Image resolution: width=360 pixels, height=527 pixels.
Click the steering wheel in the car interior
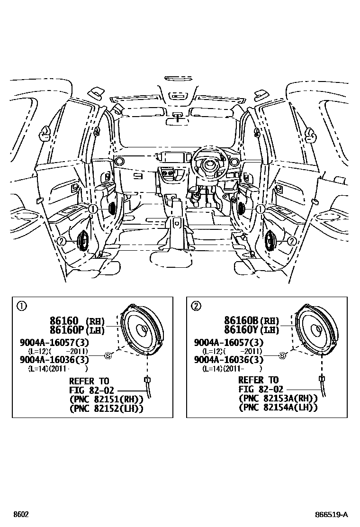click(x=208, y=166)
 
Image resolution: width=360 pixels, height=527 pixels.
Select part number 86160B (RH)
click(x=252, y=320)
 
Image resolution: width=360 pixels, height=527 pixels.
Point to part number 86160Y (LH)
click(x=252, y=330)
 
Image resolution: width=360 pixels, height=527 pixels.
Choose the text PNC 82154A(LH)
click(x=278, y=408)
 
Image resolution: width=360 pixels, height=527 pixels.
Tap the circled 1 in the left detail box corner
click(x=21, y=306)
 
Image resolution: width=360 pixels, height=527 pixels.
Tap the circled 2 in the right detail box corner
click(x=195, y=306)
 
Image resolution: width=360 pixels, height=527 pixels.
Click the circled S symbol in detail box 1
click(x=108, y=355)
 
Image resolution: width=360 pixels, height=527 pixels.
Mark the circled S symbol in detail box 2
click(x=282, y=355)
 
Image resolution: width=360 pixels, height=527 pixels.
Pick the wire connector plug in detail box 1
click(x=147, y=379)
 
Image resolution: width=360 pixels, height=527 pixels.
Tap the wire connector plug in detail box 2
click(x=322, y=378)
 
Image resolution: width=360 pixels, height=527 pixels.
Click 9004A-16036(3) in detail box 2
click(x=228, y=360)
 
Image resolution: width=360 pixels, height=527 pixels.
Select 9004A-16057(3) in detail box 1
click(x=54, y=342)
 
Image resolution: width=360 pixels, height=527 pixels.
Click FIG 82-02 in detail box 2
click(x=261, y=389)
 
